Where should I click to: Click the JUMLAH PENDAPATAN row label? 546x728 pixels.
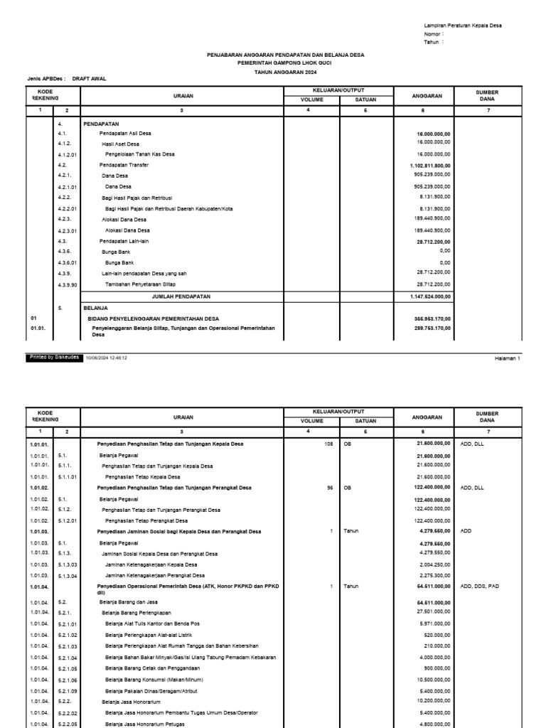(x=181, y=296)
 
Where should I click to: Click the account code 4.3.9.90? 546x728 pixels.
(x=68, y=284)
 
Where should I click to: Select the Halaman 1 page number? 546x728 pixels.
(x=508, y=359)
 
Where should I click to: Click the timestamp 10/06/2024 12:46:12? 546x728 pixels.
(x=107, y=358)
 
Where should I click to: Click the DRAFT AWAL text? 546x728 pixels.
(x=90, y=79)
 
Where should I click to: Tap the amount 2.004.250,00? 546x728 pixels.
(x=432, y=564)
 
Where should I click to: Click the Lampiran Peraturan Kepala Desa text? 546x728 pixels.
(x=462, y=26)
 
